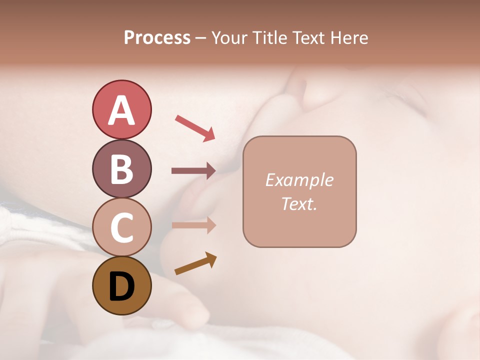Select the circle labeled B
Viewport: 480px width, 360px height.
click(x=121, y=168)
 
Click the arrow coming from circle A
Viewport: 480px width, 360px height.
click(x=195, y=127)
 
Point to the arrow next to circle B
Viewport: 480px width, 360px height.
click(x=193, y=171)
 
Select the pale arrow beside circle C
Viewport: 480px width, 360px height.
click(x=193, y=225)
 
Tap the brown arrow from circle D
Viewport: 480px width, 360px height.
click(x=195, y=263)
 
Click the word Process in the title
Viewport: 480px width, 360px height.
click(x=157, y=38)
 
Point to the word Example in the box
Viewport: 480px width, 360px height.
click(x=299, y=180)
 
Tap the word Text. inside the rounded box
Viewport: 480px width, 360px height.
click(x=299, y=203)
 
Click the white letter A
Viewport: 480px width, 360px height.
click(x=121, y=110)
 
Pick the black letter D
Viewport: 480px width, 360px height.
click(x=121, y=286)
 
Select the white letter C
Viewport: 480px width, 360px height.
click(x=121, y=227)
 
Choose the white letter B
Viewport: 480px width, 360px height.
click(x=121, y=169)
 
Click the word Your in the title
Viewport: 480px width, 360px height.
click(x=229, y=38)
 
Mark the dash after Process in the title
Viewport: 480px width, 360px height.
click(x=200, y=38)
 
